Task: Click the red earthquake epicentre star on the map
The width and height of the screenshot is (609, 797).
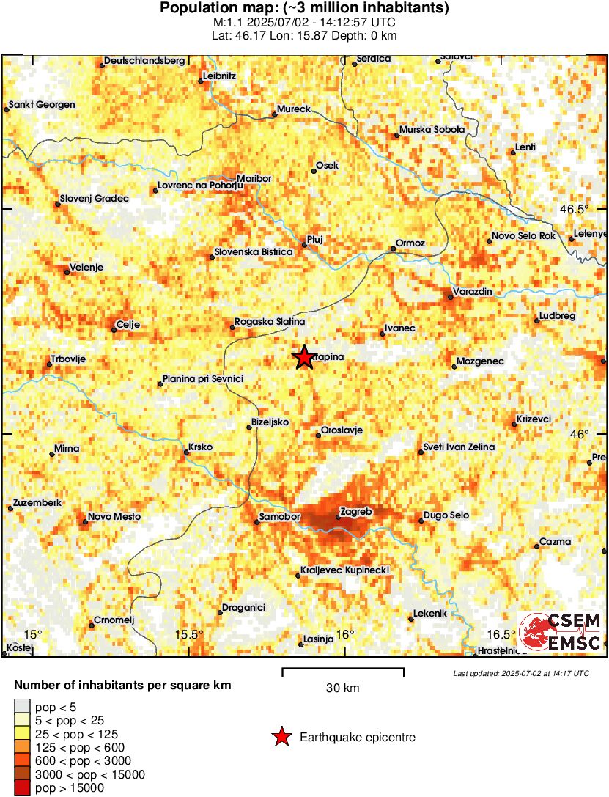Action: pos(303,357)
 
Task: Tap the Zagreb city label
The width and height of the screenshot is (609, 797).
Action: pos(358,511)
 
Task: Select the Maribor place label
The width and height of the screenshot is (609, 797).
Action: pos(254,178)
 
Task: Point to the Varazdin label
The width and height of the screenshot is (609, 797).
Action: pos(473,292)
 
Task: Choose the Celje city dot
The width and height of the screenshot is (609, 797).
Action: pos(114,330)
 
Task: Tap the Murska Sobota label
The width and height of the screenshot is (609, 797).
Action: pos(432,129)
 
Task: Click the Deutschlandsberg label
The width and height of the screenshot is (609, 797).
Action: pos(144,61)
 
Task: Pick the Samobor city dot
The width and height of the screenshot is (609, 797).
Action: pos(256,522)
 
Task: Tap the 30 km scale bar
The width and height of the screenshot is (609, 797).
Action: pos(343,669)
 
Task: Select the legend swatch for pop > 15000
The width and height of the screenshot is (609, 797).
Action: pos(23,788)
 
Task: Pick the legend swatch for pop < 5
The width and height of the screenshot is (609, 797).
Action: pos(23,707)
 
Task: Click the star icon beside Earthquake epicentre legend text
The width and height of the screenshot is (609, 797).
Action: pos(281,737)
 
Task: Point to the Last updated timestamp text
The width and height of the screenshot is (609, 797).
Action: pos(520,673)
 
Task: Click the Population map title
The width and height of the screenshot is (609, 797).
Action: pos(304,9)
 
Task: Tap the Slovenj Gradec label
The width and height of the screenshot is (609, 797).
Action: pos(95,198)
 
